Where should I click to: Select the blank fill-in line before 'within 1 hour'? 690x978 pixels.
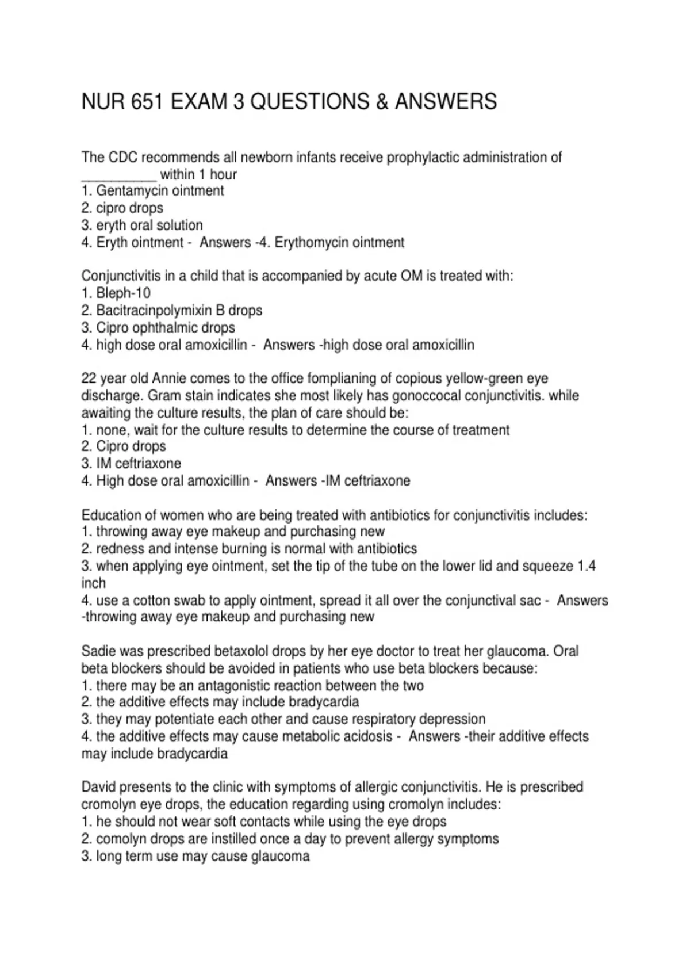[118, 175]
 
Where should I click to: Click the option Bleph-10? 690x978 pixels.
[123, 293]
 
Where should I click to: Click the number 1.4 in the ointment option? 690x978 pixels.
[586, 566]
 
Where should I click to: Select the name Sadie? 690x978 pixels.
[97, 651]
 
